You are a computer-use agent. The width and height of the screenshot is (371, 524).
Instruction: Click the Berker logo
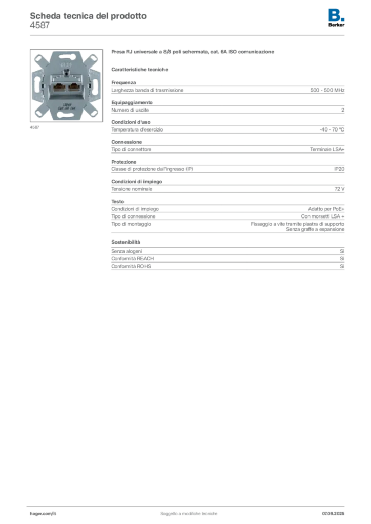pyautogui.click(x=336, y=18)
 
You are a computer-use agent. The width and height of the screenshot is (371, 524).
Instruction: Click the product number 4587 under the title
pyautogui.click(x=40, y=26)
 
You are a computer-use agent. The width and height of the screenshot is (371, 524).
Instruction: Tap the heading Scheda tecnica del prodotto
pyautogui.click(x=88, y=16)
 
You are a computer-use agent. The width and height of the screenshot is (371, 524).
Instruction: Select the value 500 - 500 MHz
pyautogui.click(x=327, y=90)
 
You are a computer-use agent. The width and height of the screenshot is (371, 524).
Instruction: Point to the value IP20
pyautogui.click(x=339, y=169)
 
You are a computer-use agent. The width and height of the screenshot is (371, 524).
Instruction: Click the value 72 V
pyautogui.click(x=339, y=189)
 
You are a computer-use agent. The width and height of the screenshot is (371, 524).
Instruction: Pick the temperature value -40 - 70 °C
pyautogui.click(x=332, y=129)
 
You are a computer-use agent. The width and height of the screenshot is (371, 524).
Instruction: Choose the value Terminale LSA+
pyautogui.click(x=327, y=150)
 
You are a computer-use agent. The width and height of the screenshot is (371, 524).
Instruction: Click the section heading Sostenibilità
pyautogui.click(x=126, y=242)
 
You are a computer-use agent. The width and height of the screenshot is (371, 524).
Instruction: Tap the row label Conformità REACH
pyautogui.click(x=133, y=258)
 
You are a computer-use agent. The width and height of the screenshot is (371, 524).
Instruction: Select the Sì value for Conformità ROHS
pyautogui.click(x=342, y=266)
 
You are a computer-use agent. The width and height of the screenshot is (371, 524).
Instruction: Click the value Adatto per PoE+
pyautogui.click(x=326, y=209)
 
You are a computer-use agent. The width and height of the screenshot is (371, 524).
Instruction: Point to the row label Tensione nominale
pyautogui.click(x=132, y=189)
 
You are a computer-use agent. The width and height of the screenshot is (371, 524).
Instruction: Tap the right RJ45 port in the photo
pyautogui.click(x=74, y=87)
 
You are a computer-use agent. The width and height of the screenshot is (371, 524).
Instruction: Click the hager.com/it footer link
pyautogui.click(x=43, y=514)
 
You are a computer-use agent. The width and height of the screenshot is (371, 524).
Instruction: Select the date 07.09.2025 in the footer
pyautogui.click(x=333, y=514)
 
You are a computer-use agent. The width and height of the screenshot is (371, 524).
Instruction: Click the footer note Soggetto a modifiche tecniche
pyautogui.click(x=189, y=514)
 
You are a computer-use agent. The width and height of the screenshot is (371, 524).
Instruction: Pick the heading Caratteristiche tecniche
pyautogui.click(x=139, y=70)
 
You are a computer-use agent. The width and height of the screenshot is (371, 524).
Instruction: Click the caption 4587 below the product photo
pyautogui.click(x=34, y=127)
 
